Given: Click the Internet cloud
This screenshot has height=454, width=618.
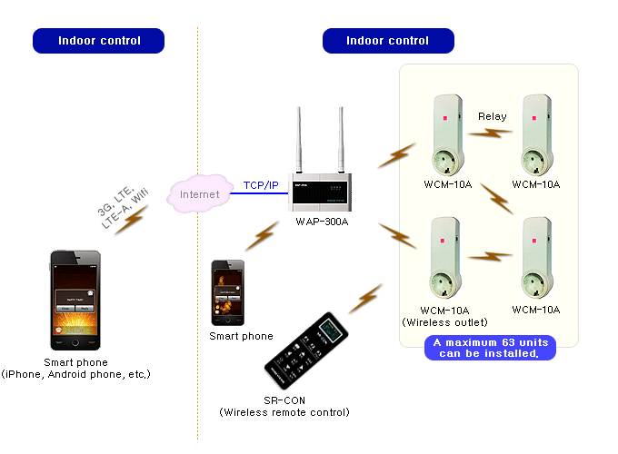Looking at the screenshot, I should pos(199,193).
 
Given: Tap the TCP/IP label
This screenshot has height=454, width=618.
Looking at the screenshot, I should pos(261,185).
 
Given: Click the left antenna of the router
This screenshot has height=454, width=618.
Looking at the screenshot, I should pos(300,141).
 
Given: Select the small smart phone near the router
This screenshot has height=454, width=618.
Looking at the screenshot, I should pos(228,292).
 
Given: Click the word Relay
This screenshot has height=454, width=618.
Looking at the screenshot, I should pos(492,115).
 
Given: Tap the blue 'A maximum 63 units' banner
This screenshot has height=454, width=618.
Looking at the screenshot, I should pos(490,348).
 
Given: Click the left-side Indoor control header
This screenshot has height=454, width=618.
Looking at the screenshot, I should pos(99,41).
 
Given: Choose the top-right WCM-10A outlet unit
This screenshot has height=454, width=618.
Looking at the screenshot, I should pos(535,134).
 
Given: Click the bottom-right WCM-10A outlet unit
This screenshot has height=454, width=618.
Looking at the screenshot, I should pos(535,258).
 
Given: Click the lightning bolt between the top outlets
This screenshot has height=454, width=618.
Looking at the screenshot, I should pos(492,133).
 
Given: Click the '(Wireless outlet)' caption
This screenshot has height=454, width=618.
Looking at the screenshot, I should pos(444,321).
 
